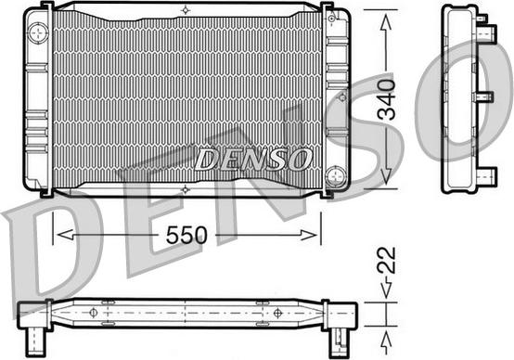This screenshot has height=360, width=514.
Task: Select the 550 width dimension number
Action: (187, 236)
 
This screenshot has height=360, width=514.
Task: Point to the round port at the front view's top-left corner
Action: (37, 34)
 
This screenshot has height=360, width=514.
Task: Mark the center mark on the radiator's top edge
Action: (186, 10)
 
